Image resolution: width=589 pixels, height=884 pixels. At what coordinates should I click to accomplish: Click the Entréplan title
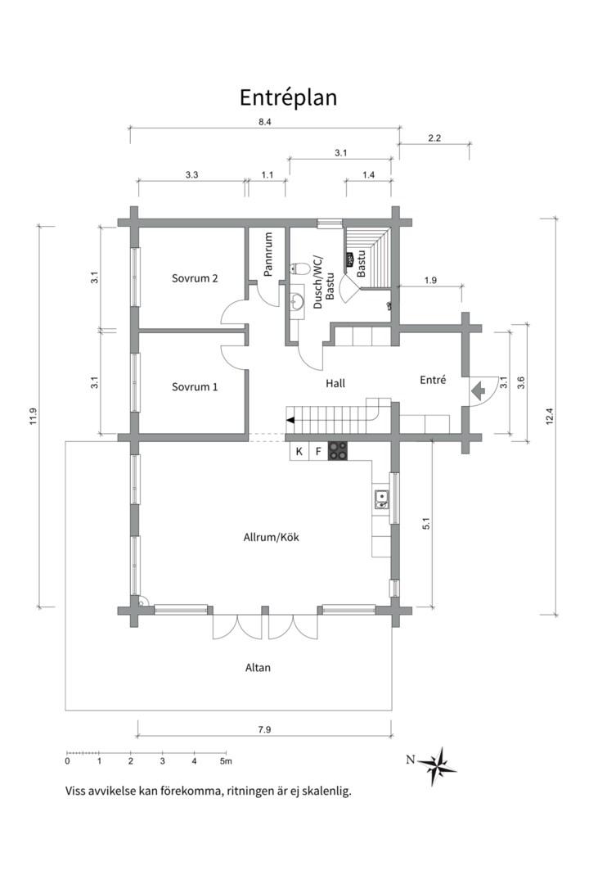point(288,97)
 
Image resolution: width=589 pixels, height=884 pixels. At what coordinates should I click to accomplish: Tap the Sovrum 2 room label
point(195,278)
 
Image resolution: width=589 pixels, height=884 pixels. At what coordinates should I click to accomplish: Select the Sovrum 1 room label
point(195,386)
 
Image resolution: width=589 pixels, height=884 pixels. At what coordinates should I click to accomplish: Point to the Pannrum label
point(268,255)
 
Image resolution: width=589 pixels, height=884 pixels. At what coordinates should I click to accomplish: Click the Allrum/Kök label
point(271,537)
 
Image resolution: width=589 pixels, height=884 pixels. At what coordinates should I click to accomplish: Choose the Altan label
point(258,668)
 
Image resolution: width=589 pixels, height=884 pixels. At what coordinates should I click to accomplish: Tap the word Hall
point(335,383)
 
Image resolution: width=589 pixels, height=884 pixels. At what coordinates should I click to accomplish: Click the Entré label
point(433,380)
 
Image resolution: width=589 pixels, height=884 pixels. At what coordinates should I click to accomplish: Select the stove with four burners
point(338,450)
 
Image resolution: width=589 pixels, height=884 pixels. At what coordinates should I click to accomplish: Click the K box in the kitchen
point(299,451)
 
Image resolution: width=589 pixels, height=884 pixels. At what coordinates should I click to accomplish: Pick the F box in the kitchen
point(318,451)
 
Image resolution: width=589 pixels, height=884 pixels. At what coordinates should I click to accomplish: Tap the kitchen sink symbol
point(381,499)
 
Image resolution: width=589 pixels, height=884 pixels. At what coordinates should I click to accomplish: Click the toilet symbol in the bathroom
point(299,267)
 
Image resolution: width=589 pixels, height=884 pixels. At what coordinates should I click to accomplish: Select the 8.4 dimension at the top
point(265,121)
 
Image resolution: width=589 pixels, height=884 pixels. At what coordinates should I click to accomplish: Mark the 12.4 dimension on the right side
point(550,416)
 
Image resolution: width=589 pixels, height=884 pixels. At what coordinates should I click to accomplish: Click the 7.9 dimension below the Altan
point(264,729)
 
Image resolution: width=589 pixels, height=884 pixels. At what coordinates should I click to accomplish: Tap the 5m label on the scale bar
point(226,761)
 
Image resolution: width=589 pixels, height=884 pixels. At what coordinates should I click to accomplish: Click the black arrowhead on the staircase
point(290,420)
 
